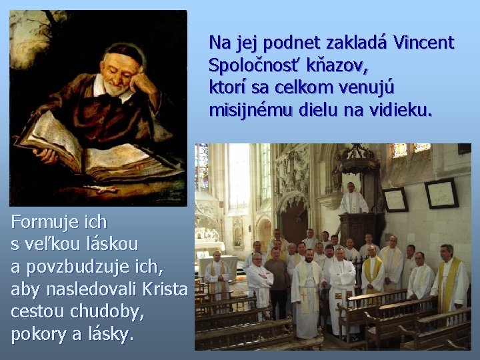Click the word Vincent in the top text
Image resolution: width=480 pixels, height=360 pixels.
(x=424, y=44)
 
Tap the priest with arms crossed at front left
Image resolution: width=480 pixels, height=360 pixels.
(x=259, y=277)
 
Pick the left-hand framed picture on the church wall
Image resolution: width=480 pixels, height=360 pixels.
(x=395, y=199)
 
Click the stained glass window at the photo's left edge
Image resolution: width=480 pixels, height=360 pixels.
(x=201, y=167)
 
